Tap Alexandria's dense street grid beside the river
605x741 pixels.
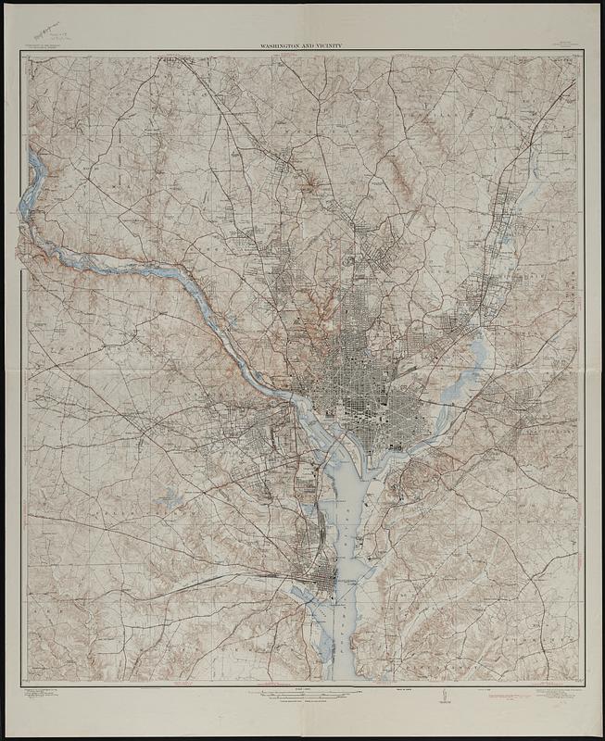313,584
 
